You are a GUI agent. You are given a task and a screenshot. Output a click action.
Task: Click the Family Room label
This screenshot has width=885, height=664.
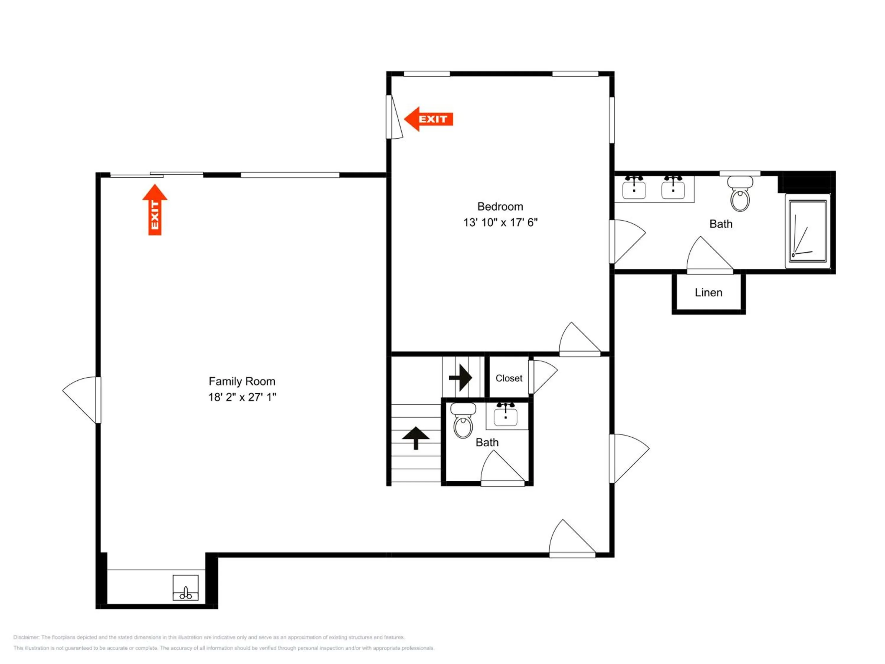242,381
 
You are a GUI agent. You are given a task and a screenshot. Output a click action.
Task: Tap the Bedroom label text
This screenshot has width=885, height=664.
500,207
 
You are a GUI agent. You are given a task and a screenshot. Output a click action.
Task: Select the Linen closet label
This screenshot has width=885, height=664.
709,292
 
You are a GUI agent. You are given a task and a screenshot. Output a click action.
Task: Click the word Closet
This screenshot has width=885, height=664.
509,378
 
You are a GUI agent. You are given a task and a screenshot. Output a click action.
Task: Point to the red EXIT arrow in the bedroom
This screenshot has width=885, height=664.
429,119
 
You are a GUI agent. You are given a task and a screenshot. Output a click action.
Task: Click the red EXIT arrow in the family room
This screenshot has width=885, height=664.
155,210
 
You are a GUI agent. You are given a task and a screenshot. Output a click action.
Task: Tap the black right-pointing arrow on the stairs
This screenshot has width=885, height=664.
460,377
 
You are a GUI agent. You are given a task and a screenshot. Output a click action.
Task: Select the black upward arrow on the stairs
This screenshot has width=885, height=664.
416,438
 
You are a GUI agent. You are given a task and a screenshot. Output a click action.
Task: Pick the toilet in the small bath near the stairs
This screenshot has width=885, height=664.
463,421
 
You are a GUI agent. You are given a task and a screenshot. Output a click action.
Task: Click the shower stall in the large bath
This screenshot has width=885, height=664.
808,231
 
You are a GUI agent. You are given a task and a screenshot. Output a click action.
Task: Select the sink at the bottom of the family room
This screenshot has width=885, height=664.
185,588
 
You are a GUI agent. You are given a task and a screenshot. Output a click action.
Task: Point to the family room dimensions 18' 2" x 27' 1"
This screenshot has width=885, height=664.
242,397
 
